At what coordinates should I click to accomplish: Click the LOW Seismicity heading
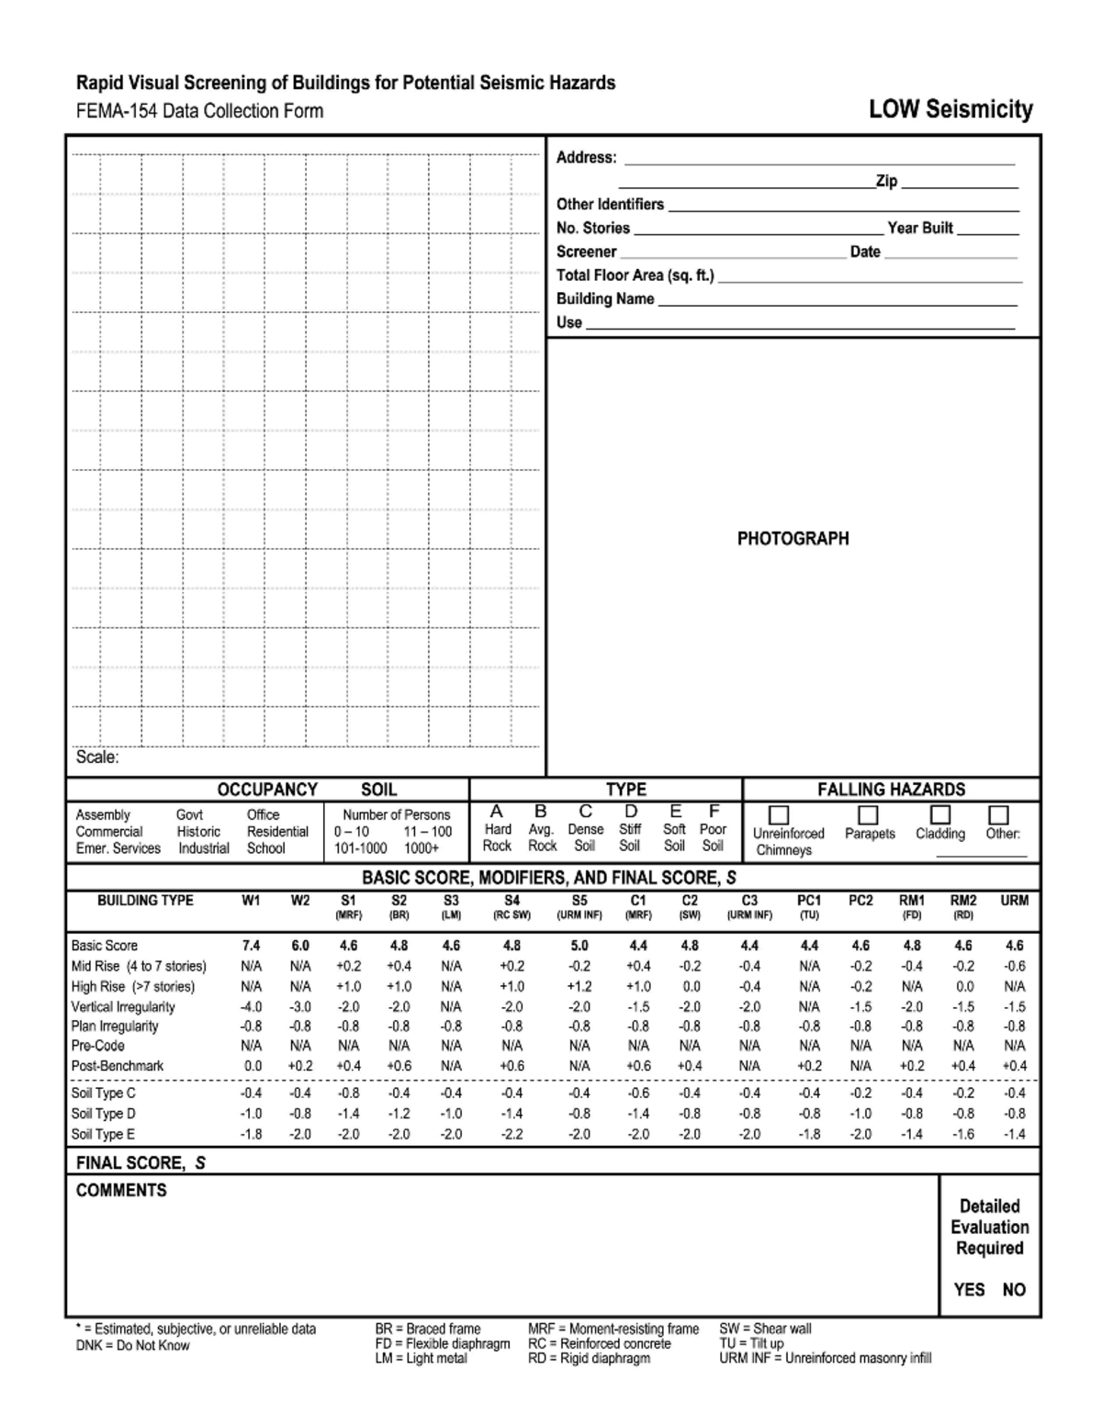(950, 110)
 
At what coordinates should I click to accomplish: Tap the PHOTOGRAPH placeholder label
(793, 539)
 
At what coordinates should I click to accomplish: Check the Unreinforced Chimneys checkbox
(779, 815)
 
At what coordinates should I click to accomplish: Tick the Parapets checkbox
(868, 815)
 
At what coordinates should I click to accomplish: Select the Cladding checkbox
(939, 814)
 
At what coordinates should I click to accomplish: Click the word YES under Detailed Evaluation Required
(969, 1290)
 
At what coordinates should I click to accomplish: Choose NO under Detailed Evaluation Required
(1014, 1290)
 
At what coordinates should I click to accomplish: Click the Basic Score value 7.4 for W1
(251, 946)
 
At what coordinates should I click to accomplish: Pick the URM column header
(1014, 901)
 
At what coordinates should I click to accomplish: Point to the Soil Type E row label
(103, 1134)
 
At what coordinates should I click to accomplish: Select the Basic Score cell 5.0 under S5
(579, 946)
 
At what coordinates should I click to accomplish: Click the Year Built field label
(920, 228)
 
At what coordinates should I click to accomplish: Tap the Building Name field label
(605, 298)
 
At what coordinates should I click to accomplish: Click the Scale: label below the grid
(97, 757)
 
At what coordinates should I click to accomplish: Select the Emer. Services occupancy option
(118, 848)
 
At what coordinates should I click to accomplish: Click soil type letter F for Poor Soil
(713, 812)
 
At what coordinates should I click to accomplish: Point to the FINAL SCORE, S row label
(141, 1163)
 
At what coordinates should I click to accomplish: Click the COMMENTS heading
(121, 1191)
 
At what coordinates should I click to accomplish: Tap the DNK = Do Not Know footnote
(132, 1345)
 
